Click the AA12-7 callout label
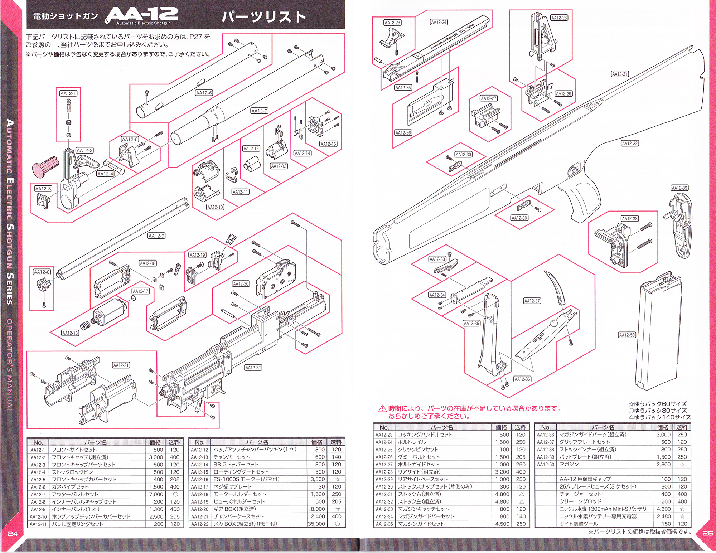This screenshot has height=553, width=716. (x=259, y=111)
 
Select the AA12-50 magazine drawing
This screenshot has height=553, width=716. (x=659, y=331)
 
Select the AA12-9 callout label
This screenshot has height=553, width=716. (x=156, y=236)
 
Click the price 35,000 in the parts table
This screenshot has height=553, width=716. (x=316, y=524)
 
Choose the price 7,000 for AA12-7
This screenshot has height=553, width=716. (x=156, y=494)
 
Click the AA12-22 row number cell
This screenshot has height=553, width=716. (x=199, y=524)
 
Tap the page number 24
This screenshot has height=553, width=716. (x=13, y=534)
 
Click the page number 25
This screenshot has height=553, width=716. (x=707, y=533)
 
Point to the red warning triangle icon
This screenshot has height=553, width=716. (x=382, y=408)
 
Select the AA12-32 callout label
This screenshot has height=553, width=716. (x=630, y=144)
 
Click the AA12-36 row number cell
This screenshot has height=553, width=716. (x=545, y=435)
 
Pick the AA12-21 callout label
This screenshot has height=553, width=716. (x=121, y=365)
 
